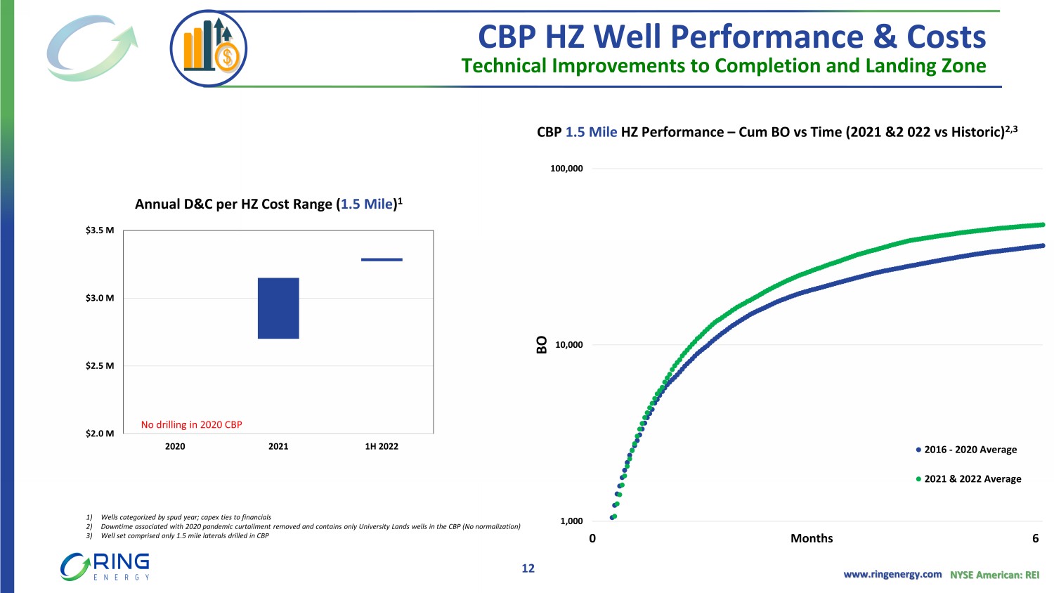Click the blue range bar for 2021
pos(278,308)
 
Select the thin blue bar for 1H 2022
pos(382,259)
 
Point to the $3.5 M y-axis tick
pos(100,230)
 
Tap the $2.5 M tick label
pos(100,366)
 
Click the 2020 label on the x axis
pos(175,446)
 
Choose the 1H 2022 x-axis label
pos(382,446)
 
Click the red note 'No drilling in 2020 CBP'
pos(191,424)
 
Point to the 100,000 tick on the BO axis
pos(566,169)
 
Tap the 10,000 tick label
pos(568,345)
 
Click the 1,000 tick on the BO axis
pos(571,521)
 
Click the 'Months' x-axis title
pos(812,538)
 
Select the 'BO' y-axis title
pos(541,344)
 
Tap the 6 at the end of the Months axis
pos(1035,538)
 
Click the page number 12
pos(528,568)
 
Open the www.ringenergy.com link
pos(892,574)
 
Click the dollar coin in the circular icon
pos(228,57)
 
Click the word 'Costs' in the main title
pos(946,37)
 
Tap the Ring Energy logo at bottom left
pos(105,566)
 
